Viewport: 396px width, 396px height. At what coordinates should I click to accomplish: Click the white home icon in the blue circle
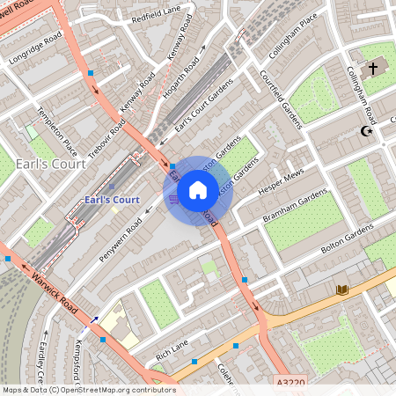(198, 190)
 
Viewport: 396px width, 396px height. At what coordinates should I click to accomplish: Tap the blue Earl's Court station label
(112, 201)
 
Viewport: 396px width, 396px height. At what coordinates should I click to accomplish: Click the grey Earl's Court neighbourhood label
(51, 164)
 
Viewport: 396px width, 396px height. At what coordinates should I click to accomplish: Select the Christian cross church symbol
(372, 68)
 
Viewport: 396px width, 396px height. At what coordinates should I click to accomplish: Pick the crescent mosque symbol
(367, 132)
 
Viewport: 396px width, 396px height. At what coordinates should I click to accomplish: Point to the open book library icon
(342, 290)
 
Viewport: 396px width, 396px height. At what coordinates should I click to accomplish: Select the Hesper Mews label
(280, 181)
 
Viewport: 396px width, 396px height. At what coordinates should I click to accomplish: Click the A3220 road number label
(290, 384)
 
